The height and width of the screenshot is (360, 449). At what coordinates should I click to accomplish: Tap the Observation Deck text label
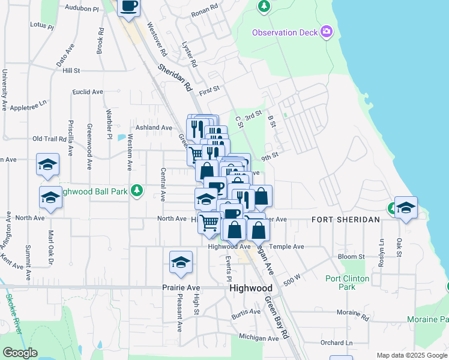coord(285,32)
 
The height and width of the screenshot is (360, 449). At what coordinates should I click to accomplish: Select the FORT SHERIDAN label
coord(345,220)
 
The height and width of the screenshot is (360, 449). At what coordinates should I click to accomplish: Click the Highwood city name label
coord(251,288)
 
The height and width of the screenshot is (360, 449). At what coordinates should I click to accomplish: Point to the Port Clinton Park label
coord(349,283)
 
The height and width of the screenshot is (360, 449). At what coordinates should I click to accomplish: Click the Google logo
coord(20,352)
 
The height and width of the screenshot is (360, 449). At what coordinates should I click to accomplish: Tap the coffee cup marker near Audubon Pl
coord(128,8)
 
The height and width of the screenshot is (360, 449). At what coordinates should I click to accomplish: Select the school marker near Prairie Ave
coord(181,262)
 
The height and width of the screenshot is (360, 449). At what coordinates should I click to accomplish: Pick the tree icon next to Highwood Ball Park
coord(137,190)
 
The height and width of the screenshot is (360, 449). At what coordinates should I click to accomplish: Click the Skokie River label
coord(13,312)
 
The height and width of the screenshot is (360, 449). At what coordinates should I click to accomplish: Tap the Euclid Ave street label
coord(88,92)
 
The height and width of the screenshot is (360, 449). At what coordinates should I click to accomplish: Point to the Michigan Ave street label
coord(259,338)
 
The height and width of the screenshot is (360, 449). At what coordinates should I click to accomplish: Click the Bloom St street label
coord(351,257)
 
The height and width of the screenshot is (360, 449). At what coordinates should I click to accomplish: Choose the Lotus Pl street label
coord(42,27)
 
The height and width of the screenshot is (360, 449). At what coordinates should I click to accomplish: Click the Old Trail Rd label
coord(49,139)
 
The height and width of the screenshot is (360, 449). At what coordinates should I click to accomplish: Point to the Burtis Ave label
coord(247,313)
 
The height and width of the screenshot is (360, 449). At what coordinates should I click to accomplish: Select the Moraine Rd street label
coord(352,313)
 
